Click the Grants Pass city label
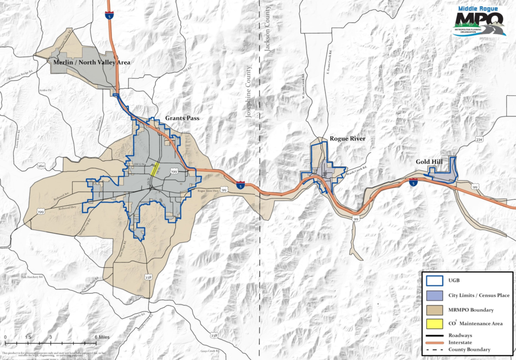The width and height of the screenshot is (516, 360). click(x=181, y=118)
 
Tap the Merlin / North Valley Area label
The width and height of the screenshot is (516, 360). click(x=92, y=63)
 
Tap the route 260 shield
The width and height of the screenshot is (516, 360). click(x=41, y=165)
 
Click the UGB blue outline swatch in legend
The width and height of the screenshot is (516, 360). click(x=433, y=281)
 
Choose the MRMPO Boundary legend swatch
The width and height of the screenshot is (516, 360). click(x=433, y=309)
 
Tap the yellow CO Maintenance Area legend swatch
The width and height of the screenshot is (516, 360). click(x=433, y=323)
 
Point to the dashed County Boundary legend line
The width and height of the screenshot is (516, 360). click(x=433, y=349)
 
